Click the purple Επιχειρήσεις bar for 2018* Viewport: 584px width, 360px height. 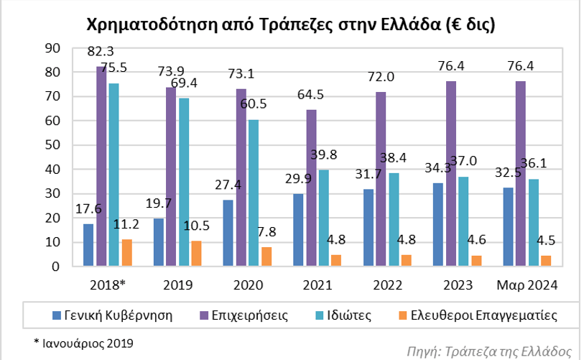tap(101, 166)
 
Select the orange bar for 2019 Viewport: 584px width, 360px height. tap(196, 254)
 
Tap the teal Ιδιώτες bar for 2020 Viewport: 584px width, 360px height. tap(254, 193)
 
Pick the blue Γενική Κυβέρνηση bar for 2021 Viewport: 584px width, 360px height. tap(298, 230)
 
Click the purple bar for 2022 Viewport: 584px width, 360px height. tap(381, 179)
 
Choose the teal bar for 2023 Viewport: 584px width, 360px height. tap(463, 221)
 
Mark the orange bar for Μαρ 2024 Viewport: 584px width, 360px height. tap(546, 261)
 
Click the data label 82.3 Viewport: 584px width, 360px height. tap(101, 51)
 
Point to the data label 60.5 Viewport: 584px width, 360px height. tap(254, 103)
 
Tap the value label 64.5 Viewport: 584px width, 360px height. tap(310, 95)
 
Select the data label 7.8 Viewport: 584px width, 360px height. tap(266, 232)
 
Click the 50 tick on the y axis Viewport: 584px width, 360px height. tap(52, 145)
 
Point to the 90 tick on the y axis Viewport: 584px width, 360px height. tap(52, 48)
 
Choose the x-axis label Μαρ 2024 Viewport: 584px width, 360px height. tap(527, 285)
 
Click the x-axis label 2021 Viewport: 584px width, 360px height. tap(317, 285)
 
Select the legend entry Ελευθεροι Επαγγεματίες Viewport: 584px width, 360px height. tap(478, 315)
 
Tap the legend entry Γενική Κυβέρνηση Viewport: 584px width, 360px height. tap(113, 315)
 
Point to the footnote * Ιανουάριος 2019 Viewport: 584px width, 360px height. tap(83, 343)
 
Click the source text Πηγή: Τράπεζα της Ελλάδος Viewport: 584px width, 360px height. tap(488, 351)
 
